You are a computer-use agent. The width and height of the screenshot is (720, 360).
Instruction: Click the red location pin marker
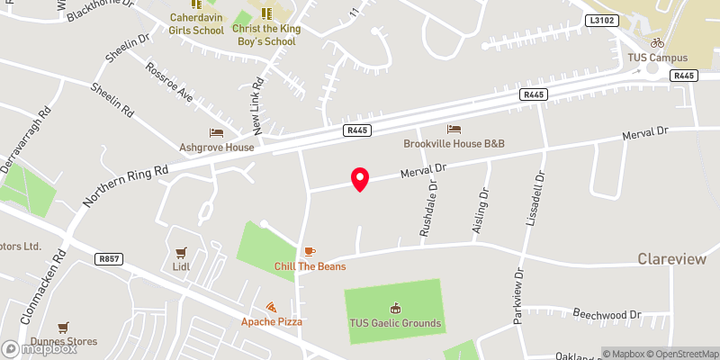(360, 179)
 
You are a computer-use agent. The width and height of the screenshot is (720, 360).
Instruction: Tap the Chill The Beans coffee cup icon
(310, 251)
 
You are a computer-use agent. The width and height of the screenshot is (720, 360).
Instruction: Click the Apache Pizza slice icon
(270, 307)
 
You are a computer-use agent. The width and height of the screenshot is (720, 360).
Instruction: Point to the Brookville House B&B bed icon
(454, 130)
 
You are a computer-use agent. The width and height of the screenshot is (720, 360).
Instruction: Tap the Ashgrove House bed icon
(215, 133)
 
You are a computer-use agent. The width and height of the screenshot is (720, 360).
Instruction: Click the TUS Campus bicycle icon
(657, 42)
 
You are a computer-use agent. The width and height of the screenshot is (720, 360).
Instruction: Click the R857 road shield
(108, 258)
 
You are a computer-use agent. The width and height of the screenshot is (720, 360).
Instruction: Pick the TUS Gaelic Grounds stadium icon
(394, 309)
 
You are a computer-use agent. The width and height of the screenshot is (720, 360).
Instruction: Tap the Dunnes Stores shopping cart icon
(63, 328)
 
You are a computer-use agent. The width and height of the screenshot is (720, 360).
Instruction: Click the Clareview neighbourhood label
(672, 258)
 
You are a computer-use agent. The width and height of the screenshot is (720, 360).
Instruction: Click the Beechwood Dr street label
(608, 315)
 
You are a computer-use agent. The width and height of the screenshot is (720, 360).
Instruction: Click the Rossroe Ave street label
(170, 81)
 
